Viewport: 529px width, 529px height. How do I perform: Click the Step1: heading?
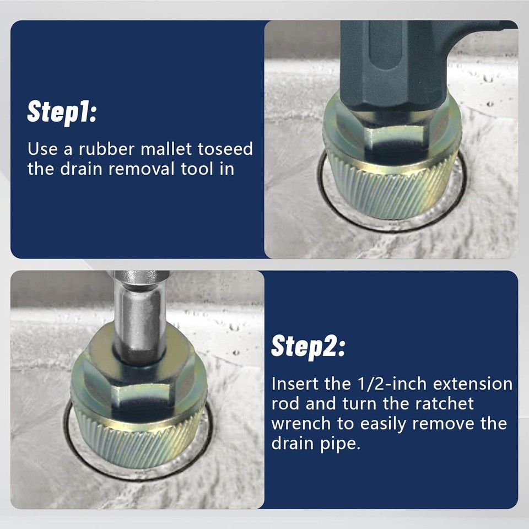pos(62,112)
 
